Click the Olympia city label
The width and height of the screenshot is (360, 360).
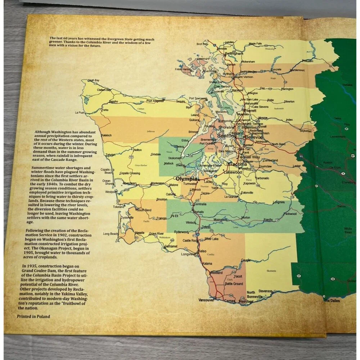(186, 179)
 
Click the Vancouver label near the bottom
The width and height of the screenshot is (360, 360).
(206, 300)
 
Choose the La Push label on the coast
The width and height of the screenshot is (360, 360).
(80, 113)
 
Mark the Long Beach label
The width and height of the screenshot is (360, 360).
(111, 234)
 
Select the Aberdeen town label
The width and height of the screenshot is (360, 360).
(129, 183)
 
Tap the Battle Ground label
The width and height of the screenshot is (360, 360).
(234, 284)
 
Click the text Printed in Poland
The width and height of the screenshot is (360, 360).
(33, 316)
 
